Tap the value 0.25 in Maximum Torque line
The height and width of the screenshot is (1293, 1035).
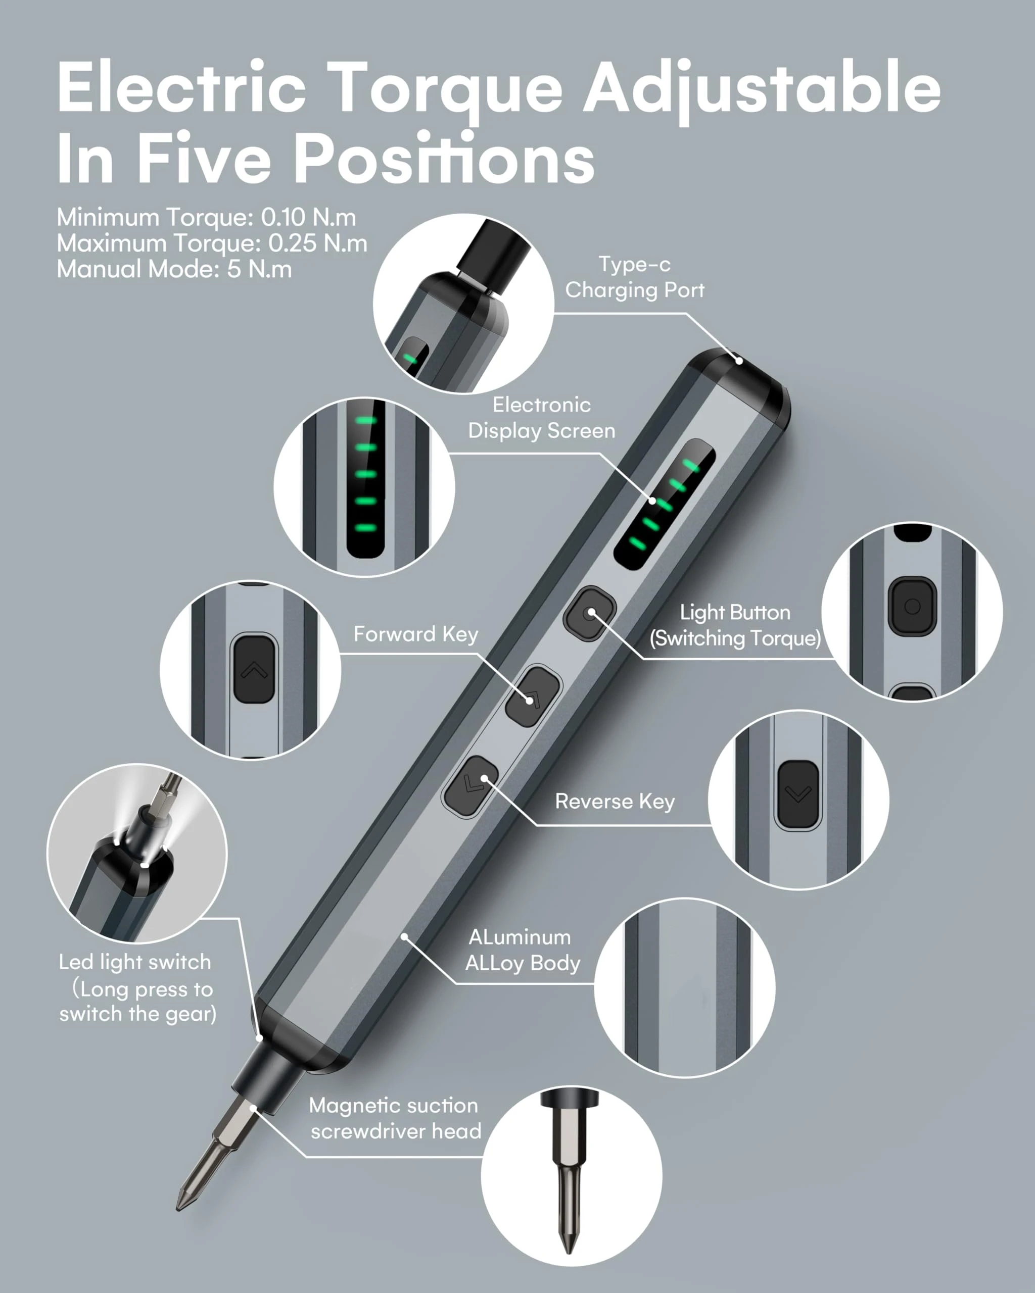click(x=292, y=243)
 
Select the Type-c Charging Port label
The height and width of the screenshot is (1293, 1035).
click(x=635, y=277)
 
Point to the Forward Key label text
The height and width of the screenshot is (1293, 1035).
click(x=416, y=634)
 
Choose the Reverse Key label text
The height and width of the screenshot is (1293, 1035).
click(x=615, y=801)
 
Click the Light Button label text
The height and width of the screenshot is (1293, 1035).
click(x=735, y=612)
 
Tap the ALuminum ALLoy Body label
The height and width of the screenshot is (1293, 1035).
click(x=523, y=950)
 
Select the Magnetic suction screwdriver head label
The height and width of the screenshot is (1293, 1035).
click(x=395, y=1118)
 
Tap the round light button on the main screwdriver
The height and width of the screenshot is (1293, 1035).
click(x=590, y=613)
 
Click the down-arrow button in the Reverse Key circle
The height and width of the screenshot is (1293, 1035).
click(x=798, y=794)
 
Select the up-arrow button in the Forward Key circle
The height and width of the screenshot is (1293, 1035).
click(x=254, y=669)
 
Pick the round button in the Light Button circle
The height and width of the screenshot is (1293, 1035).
click(x=912, y=606)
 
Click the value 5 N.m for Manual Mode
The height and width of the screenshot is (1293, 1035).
click(x=259, y=269)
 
